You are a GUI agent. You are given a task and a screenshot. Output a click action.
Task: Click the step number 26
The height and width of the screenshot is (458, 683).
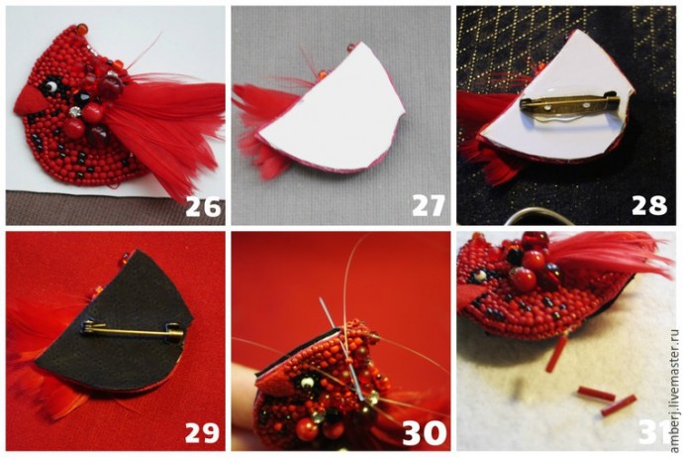pyautogui.click(x=203, y=206)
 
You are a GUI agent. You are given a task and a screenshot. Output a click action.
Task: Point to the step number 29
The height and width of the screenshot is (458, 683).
pyautogui.click(x=202, y=432)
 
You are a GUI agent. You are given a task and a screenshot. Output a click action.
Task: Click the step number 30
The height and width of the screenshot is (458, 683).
pyautogui.click(x=425, y=433)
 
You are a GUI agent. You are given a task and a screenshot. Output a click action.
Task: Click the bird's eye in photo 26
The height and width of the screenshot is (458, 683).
pyautogui.click(x=51, y=86)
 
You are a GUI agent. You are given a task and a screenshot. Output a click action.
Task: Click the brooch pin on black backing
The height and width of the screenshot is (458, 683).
pyautogui.click(x=133, y=332)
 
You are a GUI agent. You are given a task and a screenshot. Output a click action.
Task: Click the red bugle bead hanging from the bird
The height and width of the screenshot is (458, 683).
pyautogui.click(x=557, y=354)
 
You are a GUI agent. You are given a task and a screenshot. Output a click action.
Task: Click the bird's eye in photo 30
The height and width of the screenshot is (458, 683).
pyautogui.click(x=307, y=383)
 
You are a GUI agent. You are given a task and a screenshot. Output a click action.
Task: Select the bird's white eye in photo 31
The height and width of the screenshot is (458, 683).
pyautogui.click(x=479, y=276)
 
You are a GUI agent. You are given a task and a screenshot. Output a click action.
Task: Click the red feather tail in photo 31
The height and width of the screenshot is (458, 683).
pyautogui.click(x=610, y=255)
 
